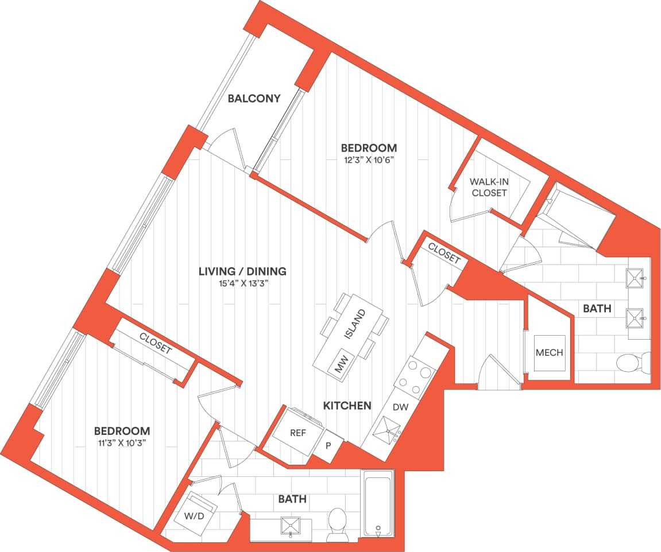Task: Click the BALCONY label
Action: coord(254,98)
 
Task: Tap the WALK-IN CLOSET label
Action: coord(489,187)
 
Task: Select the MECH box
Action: coord(549,353)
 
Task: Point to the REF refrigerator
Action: coord(297,433)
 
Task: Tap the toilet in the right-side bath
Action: coord(631,363)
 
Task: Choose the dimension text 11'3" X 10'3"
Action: coord(122,442)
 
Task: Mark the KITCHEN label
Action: coord(347,406)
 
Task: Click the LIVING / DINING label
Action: coord(242,271)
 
